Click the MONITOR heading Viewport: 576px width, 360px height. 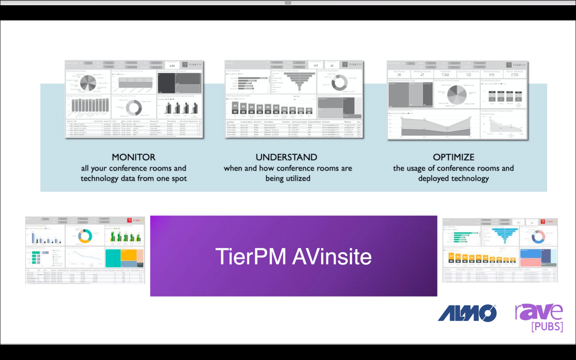[134, 157]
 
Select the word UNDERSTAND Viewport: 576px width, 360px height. [286, 157]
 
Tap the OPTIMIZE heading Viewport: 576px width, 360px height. [454, 157]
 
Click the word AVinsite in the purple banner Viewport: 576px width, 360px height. [332, 256]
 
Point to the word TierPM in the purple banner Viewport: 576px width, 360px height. [251, 256]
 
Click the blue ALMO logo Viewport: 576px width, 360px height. [467, 313]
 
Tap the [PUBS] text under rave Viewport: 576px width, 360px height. [547, 326]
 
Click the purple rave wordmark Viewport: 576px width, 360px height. [539, 312]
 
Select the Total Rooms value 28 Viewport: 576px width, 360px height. [399, 75]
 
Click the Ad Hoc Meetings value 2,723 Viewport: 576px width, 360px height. [514, 75]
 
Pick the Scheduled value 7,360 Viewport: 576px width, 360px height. [445, 75]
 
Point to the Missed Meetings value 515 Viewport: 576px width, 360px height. [492, 75]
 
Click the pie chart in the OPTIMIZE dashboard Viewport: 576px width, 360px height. [457, 95]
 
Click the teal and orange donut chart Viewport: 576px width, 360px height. [85, 236]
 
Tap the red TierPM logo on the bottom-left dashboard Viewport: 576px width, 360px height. [130, 220]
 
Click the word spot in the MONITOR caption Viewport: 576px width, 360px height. [179, 178]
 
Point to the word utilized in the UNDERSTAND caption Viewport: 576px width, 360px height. [298, 178]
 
